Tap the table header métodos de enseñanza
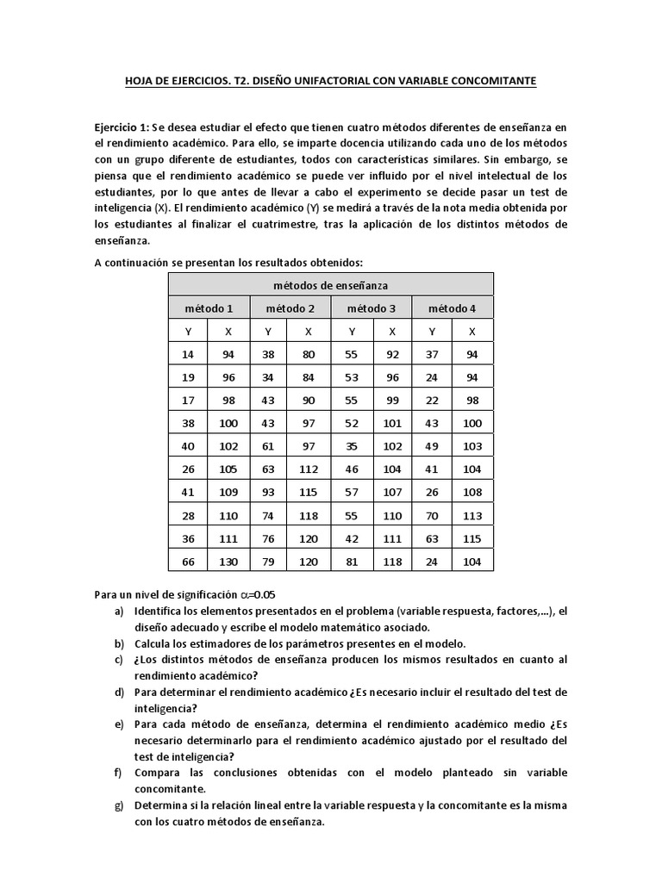tap(330, 284)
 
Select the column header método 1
tap(209, 307)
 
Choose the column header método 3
tap(372, 307)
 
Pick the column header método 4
tap(452, 307)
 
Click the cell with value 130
tap(228, 562)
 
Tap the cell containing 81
tap(351, 562)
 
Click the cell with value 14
tap(188, 353)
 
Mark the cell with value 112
tap(309, 471)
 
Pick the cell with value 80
tap(309, 353)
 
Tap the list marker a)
tap(118, 612)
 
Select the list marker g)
tap(118, 804)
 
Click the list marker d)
tap(118, 692)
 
